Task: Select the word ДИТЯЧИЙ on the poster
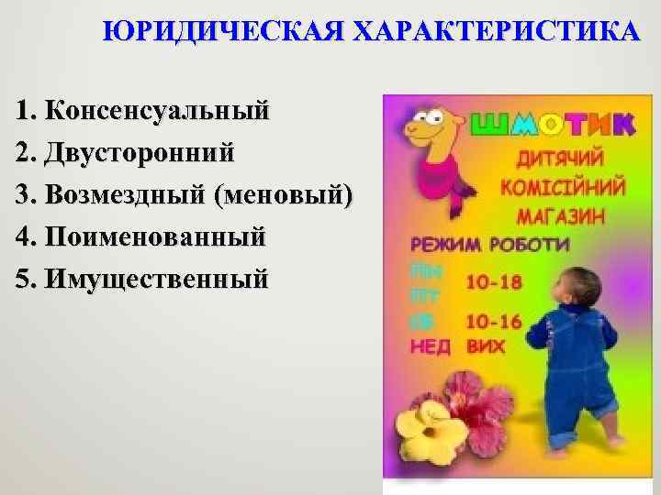(x=562, y=159)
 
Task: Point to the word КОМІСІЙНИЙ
(x=562, y=187)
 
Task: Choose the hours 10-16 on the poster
(x=494, y=322)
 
